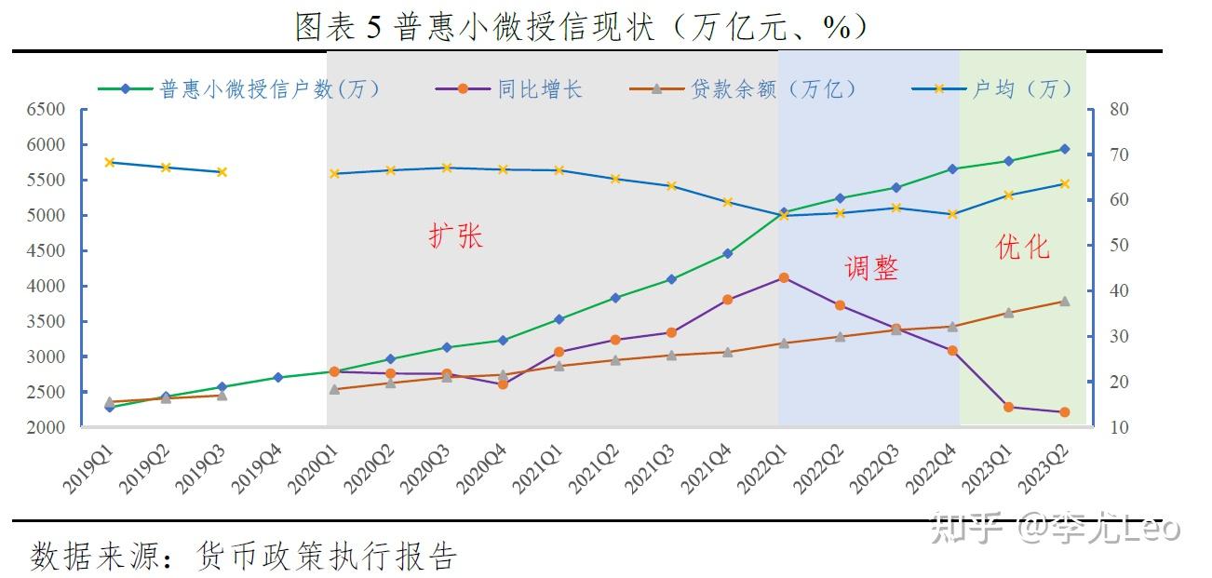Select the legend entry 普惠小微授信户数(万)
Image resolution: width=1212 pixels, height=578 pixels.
click(x=270, y=89)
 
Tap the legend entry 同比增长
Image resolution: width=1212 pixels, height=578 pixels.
click(x=539, y=89)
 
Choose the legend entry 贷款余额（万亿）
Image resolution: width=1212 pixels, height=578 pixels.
click(x=773, y=89)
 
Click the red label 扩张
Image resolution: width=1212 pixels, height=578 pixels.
click(x=455, y=235)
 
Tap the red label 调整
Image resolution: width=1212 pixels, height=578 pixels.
click(x=871, y=268)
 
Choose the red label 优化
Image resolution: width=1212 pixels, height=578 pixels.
click(x=1022, y=247)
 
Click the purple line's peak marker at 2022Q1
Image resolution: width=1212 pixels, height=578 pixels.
click(x=784, y=277)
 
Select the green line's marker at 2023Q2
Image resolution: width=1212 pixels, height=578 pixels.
click(x=1065, y=149)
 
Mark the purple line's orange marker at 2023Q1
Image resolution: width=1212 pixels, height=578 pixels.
click(x=1008, y=407)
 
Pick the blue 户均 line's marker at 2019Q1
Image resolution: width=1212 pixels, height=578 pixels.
click(x=109, y=162)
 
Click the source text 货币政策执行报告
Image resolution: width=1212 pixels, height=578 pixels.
click(x=327, y=557)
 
